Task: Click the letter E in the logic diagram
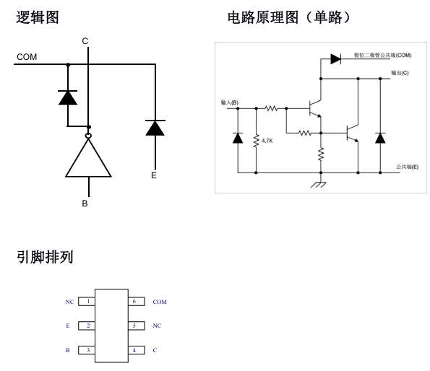(x=153, y=175)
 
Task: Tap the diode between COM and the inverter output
(x=68, y=97)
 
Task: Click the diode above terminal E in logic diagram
(x=153, y=128)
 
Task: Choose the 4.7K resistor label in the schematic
(x=267, y=141)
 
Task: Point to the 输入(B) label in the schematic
(x=230, y=103)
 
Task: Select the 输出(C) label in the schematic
(x=400, y=73)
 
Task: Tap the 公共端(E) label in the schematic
(x=407, y=167)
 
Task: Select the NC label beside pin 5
(x=157, y=326)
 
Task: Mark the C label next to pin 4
(x=155, y=350)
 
